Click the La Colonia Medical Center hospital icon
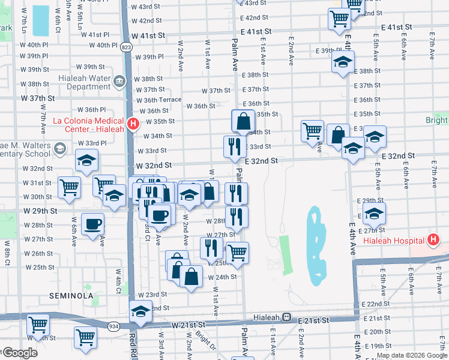[133, 124]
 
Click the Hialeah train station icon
[287, 317]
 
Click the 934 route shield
[113, 326]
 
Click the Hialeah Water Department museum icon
[119, 80]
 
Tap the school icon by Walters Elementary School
[59, 148]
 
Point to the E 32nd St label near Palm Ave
[261, 161]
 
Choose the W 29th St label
[40, 211]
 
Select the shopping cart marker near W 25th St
[237, 253]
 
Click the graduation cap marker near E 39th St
[343, 62]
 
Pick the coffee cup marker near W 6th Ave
[92, 224]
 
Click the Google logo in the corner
[20, 353]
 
